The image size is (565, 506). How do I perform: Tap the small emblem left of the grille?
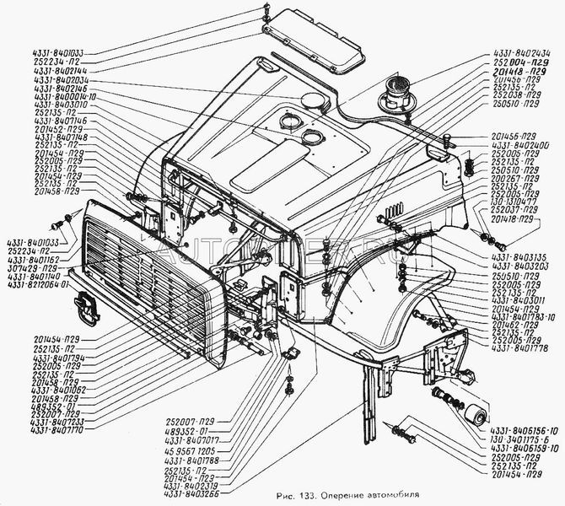click(86, 308)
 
